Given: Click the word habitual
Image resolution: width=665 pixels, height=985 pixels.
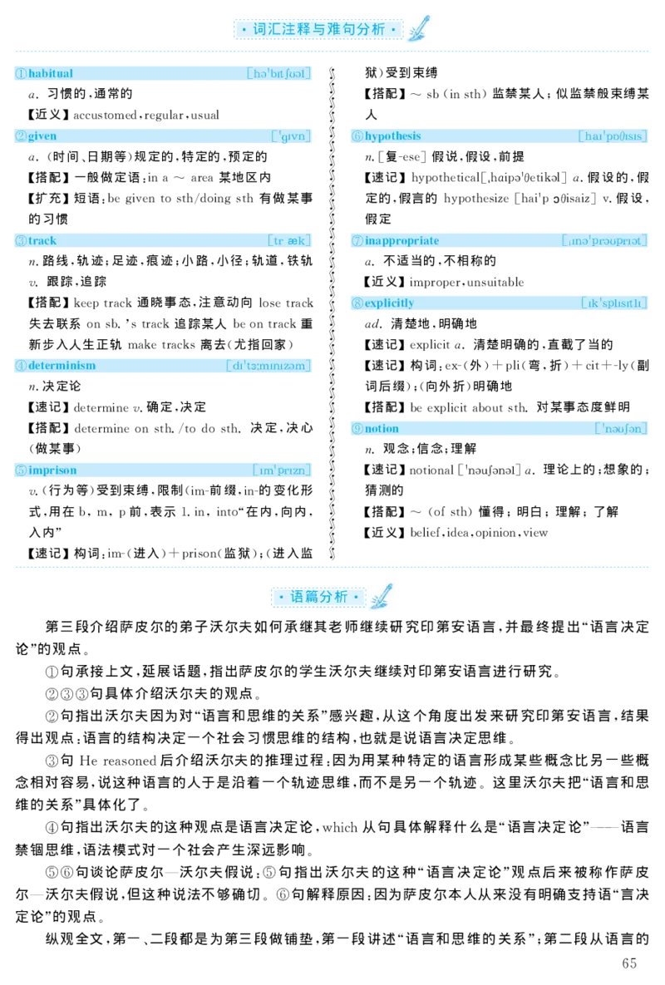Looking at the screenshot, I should coord(51,74).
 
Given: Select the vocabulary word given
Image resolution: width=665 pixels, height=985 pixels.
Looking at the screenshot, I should coord(42,136).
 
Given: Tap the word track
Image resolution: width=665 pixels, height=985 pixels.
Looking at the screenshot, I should coord(42,241).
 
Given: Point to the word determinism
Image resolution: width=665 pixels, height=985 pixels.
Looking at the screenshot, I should coord(62,366).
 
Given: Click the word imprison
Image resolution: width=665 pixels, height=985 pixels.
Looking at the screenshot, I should coord(52,470).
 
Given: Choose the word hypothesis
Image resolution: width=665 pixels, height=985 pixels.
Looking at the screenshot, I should coord(392,136).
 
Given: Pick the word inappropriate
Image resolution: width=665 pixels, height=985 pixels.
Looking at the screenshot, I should coord(401,241).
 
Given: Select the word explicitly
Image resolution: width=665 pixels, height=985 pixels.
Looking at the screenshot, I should coord(389,303).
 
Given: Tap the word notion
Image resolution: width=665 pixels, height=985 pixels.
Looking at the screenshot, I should coord(382,429).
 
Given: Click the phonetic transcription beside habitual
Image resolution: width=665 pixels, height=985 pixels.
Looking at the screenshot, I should coord(279,74).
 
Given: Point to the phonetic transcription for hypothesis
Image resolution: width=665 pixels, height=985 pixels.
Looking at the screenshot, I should coord(613,136).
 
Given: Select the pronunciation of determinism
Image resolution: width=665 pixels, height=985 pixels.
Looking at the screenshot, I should coord(268,366).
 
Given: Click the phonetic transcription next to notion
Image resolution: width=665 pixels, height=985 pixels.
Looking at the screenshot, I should coord(622,429).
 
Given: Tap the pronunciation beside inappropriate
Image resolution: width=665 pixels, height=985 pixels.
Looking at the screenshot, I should coord(605,241).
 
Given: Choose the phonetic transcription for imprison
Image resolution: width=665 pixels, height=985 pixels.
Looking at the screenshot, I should coord(283,470).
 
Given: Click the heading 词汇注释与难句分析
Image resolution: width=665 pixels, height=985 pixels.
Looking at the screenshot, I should coord(318,30).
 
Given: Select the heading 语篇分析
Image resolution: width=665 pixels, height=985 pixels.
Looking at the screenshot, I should coord(318,597).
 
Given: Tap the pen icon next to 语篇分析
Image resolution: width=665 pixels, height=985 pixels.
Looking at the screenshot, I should coord(382,597).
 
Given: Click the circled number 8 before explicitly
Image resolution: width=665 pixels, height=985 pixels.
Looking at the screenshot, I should coord(357,303).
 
